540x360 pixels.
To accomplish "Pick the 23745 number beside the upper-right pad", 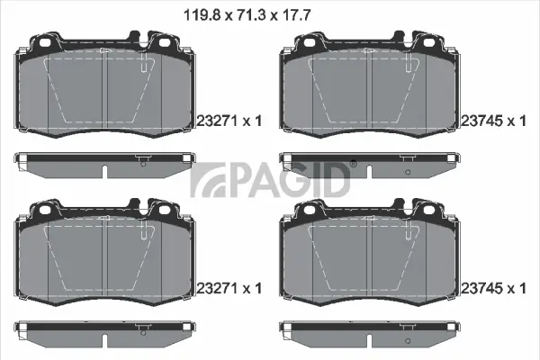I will [x=481, y=121].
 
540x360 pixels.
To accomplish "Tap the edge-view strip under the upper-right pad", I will [x=370, y=163].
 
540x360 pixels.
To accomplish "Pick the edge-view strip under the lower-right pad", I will [x=370, y=330].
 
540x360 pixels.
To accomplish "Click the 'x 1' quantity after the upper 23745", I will [x=515, y=121].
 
